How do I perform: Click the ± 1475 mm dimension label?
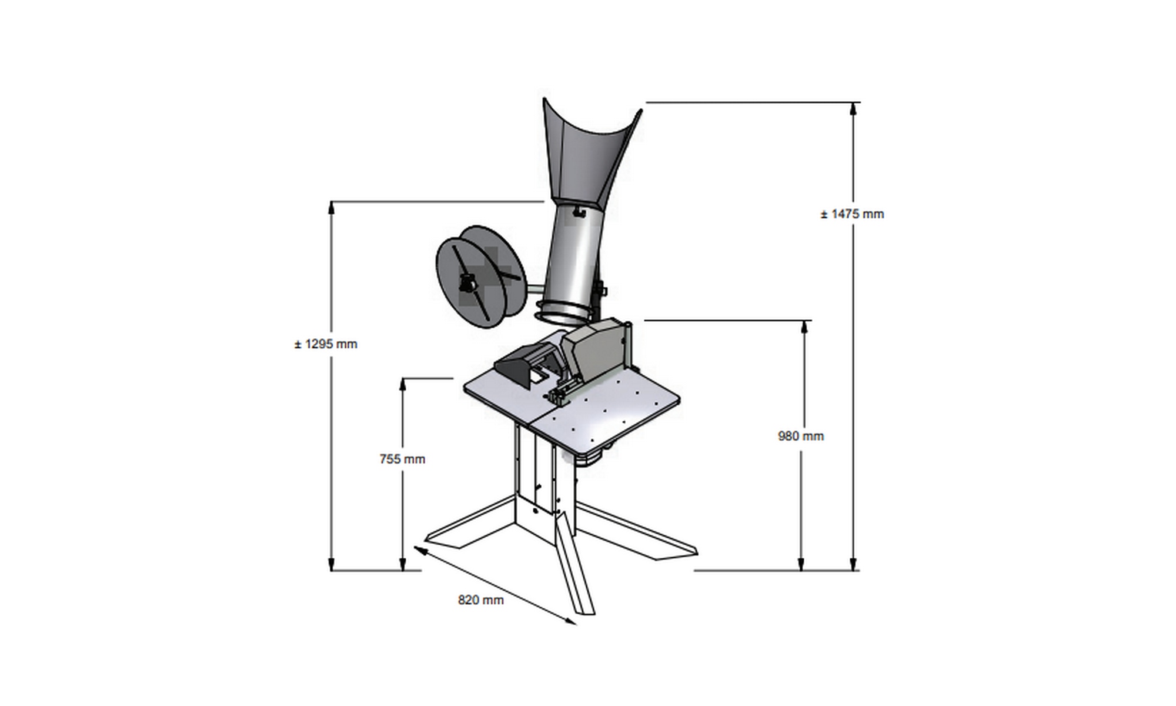pyautogui.click(x=852, y=214)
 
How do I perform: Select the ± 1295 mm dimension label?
pyautogui.click(x=326, y=344)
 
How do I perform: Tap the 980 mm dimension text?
pyautogui.click(x=801, y=436)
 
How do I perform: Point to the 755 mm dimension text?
pyautogui.click(x=402, y=459)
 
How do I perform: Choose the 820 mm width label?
pyautogui.click(x=481, y=600)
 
